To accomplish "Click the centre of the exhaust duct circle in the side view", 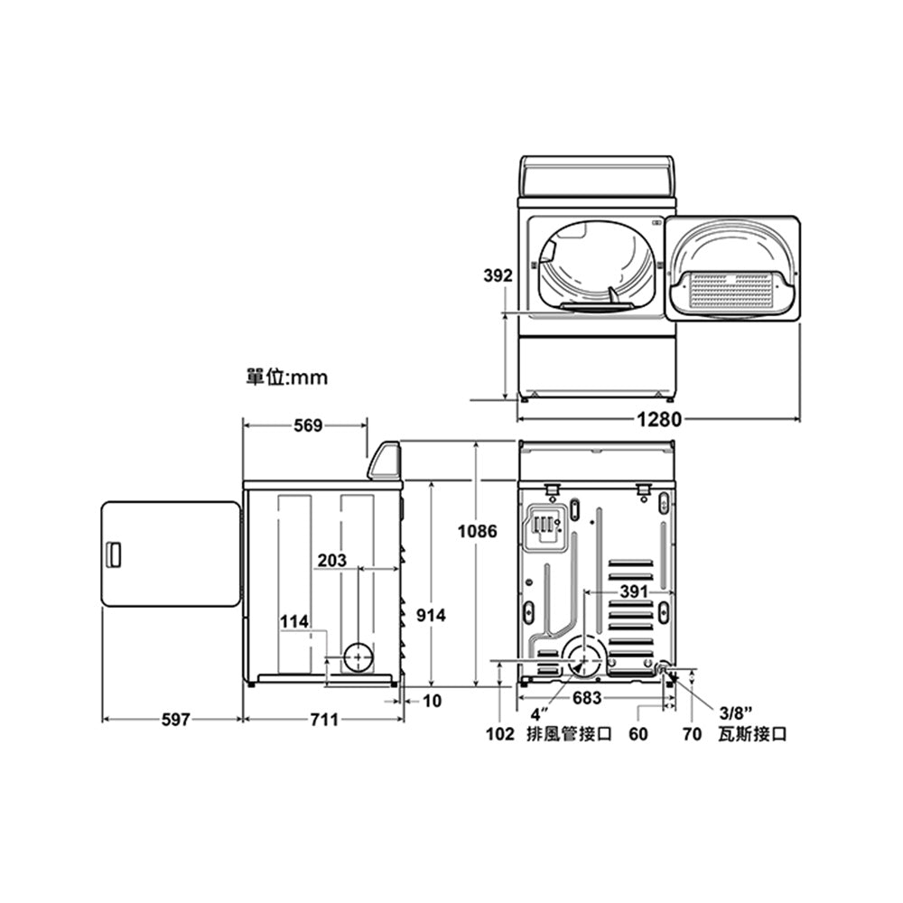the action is [x=358, y=657].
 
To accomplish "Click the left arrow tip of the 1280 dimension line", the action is [x=517, y=419].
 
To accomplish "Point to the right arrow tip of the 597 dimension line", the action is [x=242, y=720].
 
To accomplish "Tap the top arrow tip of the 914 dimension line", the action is [x=432, y=481].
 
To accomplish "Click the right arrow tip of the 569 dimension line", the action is [x=367, y=425].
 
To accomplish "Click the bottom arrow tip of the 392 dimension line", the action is [x=505, y=399].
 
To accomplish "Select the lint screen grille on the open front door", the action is [x=731, y=289].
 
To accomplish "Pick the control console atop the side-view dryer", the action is [x=385, y=461].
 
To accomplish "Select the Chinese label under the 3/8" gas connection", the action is [x=752, y=734].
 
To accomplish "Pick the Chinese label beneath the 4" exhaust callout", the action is [x=569, y=734].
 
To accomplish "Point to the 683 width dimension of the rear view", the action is [x=587, y=698].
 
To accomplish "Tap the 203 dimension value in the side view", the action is [x=332, y=560].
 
